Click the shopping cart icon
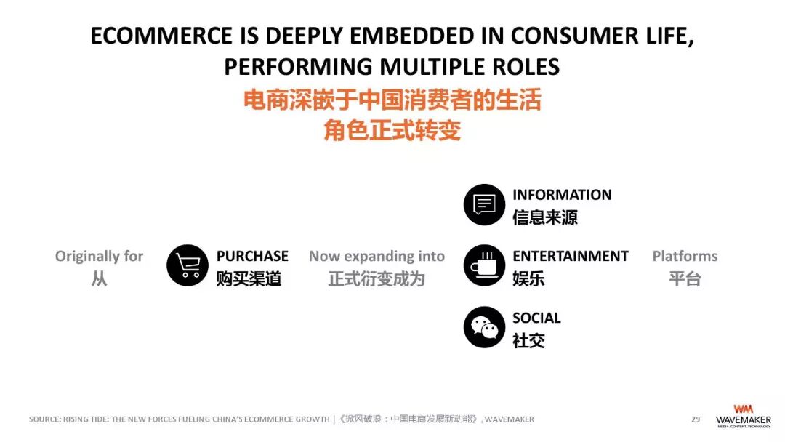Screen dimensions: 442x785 tap(188, 265)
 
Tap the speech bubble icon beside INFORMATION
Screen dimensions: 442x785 tap(484, 204)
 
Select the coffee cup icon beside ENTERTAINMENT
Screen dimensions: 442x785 tap(484, 265)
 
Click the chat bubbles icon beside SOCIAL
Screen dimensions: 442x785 tap(484, 327)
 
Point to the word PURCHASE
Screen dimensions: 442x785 tap(252, 256)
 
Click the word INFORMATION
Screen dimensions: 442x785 tap(562, 195)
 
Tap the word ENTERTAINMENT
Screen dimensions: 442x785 tap(570, 256)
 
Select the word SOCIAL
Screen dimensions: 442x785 tap(536, 318)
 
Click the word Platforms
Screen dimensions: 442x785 tap(685, 256)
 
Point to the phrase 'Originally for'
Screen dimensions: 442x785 tap(100, 256)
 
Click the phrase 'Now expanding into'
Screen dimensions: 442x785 tap(377, 256)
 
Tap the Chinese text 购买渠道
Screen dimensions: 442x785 tap(249, 278)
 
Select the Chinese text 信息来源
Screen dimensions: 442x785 tap(545, 217)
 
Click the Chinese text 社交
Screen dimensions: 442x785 tap(528, 340)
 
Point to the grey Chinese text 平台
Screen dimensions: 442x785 tap(685, 278)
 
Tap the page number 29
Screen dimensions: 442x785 tap(696, 419)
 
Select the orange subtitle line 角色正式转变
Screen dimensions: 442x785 tap(392, 131)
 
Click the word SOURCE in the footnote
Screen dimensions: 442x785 tap(44, 419)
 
